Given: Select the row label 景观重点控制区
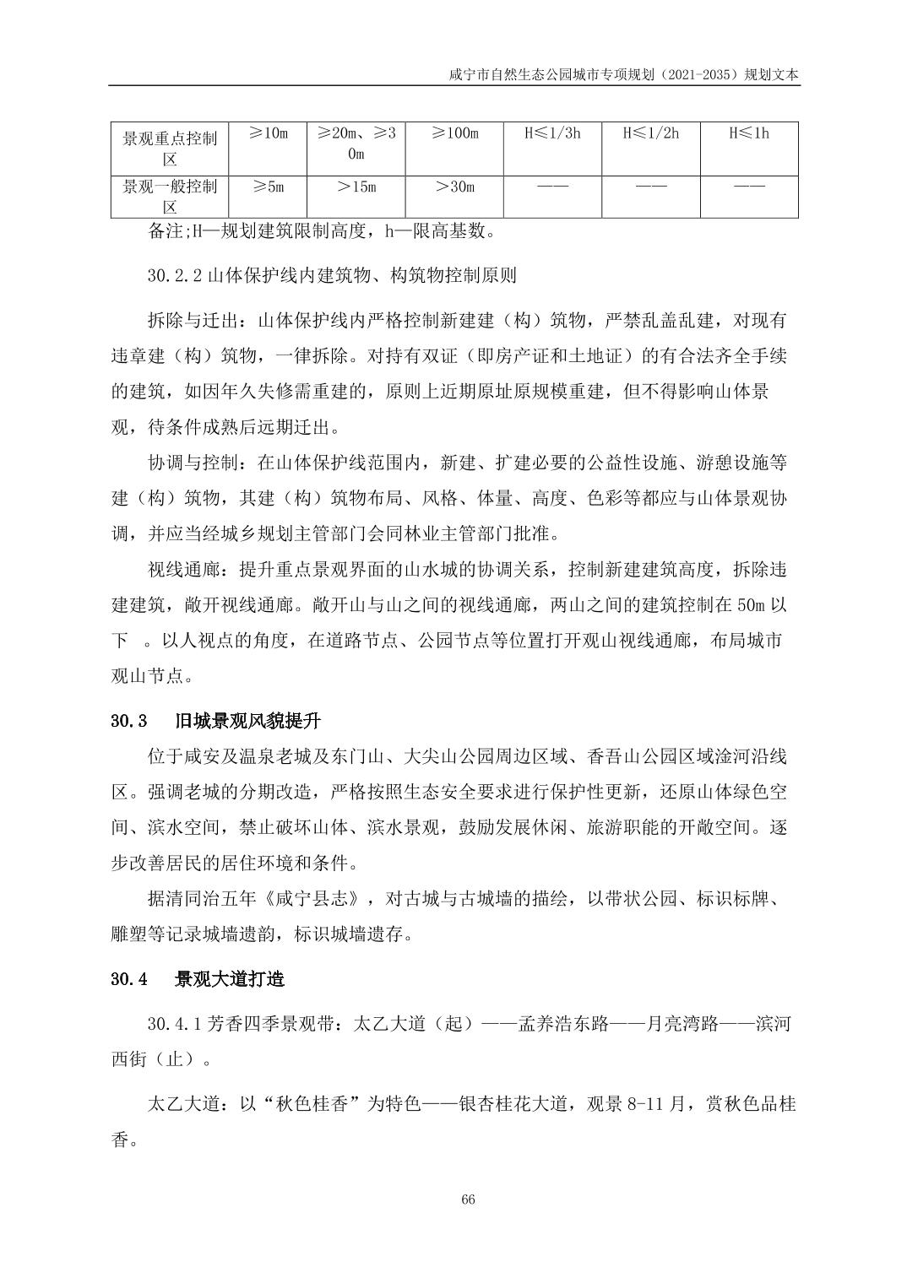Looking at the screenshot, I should [170, 148].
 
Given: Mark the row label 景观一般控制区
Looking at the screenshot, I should [170, 197].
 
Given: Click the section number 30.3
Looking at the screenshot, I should [129, 722].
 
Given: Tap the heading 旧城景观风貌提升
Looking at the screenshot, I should [247, 722].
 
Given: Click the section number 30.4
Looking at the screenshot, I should [129, 979].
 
